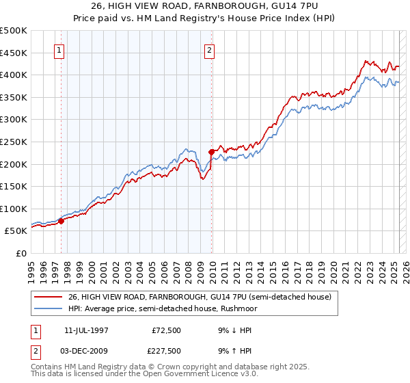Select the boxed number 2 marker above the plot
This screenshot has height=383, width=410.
pyautogui.click(x=209, y=50)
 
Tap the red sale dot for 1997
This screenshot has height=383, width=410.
pyautogui.click(x=61, y=221)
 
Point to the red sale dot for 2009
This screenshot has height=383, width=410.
pyautogui.click(x=212, y=152)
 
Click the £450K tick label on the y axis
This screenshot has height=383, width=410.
pyautogui.click(x=14, y=53)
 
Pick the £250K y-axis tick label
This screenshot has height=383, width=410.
pyautogui.click(x=14, y=142)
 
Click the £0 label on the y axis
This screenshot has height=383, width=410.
pyautogui.click(x=22, y=254)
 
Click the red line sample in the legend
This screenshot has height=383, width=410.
pyautogui.click(x=48, y=297)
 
